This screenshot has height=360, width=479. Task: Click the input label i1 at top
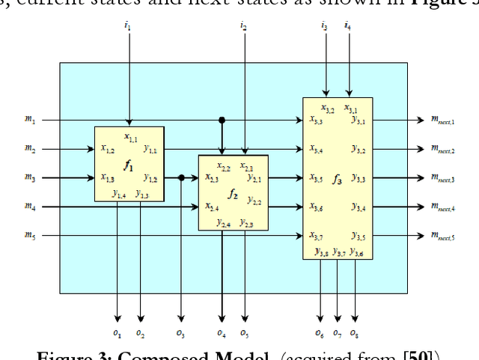[127, 27]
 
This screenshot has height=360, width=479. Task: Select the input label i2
[243, 27]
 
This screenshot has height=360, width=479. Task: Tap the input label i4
[347, 27]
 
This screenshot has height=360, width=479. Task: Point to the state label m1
[30, 120]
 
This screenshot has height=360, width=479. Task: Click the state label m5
[30, 235]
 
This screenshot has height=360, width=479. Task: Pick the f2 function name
[233, 195]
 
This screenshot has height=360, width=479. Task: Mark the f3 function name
[338, 179]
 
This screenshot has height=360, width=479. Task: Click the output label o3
[180, 332]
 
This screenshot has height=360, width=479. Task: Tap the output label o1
[118, 332]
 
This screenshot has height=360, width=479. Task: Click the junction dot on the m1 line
[222, 120]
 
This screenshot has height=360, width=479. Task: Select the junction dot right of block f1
[181, 177]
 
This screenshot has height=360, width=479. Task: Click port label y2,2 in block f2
[254, 200]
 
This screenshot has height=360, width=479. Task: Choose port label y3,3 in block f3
[359, 179]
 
